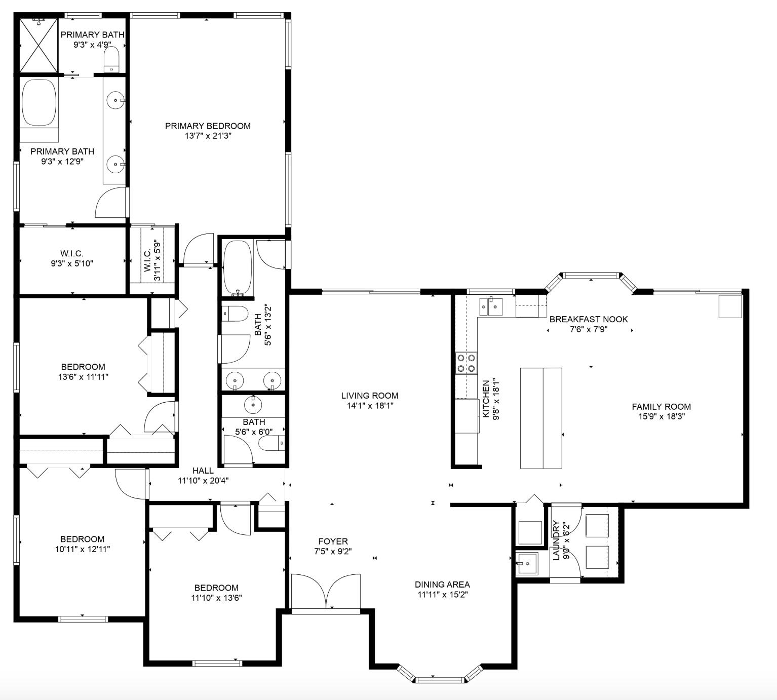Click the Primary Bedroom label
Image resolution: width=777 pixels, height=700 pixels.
click(208, 126)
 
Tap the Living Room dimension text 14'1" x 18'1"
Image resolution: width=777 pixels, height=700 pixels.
click(369, 406)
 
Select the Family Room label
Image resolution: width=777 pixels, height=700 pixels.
click(661, 406)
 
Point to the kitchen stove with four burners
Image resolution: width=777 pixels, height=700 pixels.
click(467, 363)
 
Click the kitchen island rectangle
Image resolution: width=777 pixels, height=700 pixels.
click(541, 418)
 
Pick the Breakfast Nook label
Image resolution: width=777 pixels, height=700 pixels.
click(588, 319)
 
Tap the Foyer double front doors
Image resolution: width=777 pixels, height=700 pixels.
click(326, 591)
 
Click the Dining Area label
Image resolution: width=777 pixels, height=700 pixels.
click(442, 585)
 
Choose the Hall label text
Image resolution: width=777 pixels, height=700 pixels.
click(203, 471)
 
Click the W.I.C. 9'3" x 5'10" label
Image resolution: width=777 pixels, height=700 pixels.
click(71, 253)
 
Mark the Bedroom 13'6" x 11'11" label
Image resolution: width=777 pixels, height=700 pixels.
click(83, 367)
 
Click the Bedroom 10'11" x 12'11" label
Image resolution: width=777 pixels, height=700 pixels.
click(82, 539)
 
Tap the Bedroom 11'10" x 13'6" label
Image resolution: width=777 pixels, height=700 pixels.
click(216, 588)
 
